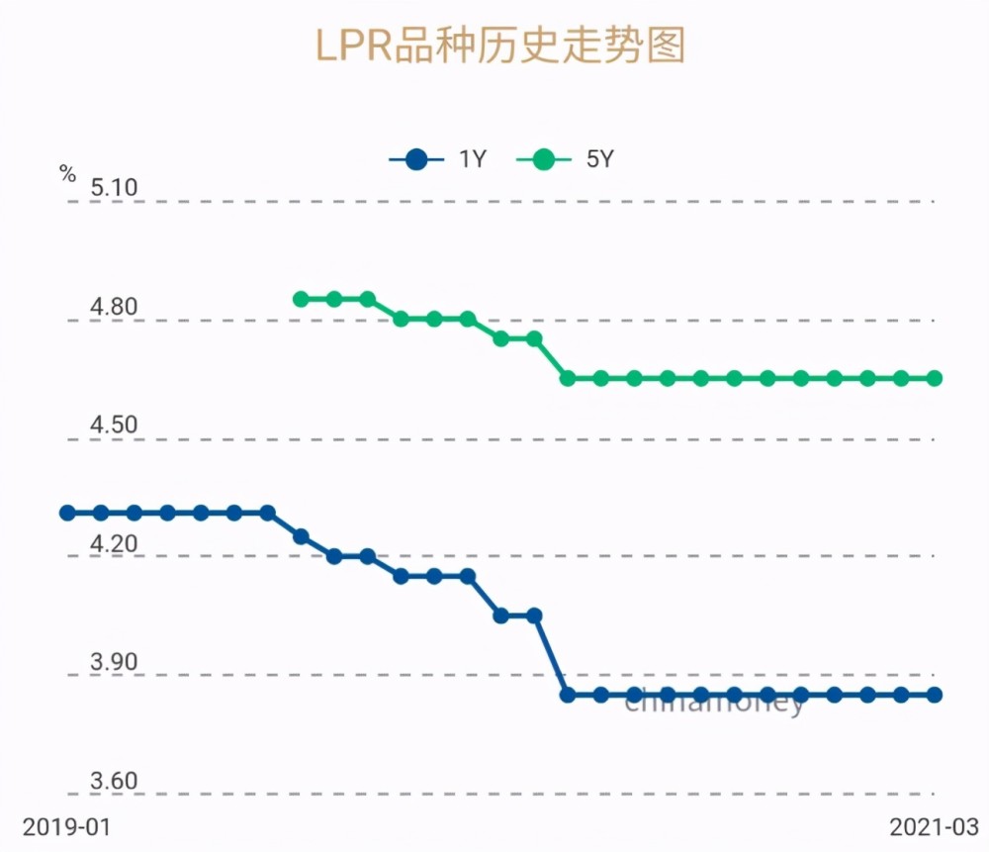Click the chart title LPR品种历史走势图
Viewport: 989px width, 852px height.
click(499, 46)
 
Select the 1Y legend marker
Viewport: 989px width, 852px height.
click(416, 159)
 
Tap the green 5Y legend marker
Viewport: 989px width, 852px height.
click(543, 159)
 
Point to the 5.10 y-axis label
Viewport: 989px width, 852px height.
click(114, 187)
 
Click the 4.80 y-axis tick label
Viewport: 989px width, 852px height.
click(114, 307)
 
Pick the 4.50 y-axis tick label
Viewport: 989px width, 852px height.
click(114, 426)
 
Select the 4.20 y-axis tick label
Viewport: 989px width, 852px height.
click(114, 544)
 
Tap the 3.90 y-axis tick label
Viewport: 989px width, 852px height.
click(114, 663)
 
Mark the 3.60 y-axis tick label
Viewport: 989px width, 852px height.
click(114, 782)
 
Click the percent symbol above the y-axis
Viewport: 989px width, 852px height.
click(67, 175)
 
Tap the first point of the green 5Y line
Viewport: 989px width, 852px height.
click(302, 299)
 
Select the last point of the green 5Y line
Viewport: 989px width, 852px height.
click(935, 378)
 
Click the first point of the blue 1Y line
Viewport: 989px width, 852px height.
click(67, 513)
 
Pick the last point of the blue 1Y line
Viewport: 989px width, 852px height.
click(935, 695)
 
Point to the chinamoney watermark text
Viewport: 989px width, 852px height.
click(715, 702)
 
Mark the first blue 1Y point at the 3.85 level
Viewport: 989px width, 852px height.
click(568, 695)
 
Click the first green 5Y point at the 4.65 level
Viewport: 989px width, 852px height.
click(568, 378)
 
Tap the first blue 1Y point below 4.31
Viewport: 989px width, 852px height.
click(302, 536)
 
